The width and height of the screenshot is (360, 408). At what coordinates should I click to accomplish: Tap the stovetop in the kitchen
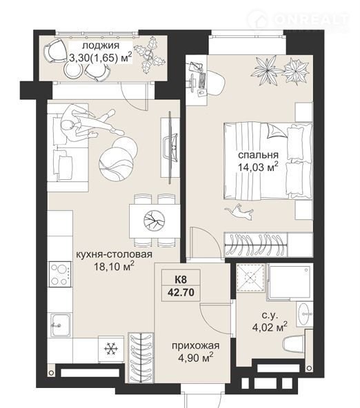click(x=60, y=274)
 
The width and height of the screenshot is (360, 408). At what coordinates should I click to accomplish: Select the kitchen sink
click(x=61, y=325)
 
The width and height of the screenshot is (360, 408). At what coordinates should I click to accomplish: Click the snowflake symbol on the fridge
click(x=111, y=348)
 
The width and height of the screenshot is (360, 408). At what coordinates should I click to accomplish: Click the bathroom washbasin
click(x=304, y=314)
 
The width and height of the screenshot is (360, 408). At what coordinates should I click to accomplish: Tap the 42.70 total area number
click(x=181, y=292)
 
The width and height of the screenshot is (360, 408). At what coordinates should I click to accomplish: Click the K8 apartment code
click(x=181, y=280)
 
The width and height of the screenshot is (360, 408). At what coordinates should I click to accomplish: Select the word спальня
click(x=258, y=155)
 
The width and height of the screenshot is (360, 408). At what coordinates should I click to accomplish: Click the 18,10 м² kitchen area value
click(x=114, y=267)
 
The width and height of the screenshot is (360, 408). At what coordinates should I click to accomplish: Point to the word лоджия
click(x=101, y=45)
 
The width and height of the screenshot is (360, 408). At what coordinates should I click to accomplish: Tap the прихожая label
click(x=195, y=345)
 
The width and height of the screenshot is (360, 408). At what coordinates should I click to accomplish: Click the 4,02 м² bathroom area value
click(x=270, y=327)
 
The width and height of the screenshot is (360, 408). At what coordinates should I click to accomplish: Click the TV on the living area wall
click(x=170, y=147)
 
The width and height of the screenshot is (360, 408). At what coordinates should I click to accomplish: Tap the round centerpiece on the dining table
click(x=154, y=221)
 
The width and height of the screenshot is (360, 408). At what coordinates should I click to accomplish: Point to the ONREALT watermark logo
click(x=298, y=20)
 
